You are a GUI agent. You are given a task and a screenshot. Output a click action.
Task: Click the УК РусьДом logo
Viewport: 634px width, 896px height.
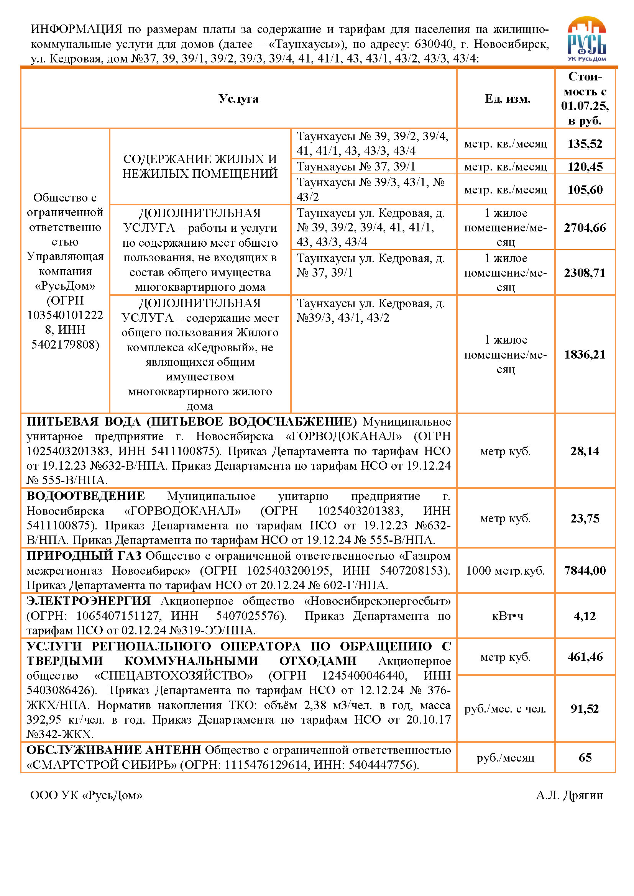[x=586, y=39]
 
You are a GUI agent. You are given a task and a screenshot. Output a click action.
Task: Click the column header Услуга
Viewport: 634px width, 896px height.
[x=238, y=99]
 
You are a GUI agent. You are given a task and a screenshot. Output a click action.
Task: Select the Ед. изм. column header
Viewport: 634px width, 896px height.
[x=507, y=99]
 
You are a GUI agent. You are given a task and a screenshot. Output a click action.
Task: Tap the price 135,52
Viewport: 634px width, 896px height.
[x=585, y=144]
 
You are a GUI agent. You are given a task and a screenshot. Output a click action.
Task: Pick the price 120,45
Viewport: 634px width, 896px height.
[x=585, y=167]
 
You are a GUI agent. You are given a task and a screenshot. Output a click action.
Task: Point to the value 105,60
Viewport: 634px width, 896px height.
[x=585, y=190]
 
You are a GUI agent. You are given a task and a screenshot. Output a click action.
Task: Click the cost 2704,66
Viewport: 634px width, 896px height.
[x=585, y=228]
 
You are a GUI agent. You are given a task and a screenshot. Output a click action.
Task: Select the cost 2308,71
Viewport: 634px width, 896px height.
[x=585, y=273]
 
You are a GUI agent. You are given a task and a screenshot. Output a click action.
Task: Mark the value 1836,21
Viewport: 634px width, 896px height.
[x=585, y=354]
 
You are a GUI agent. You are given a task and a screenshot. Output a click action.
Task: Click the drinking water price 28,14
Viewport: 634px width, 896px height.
[x=585, y=451]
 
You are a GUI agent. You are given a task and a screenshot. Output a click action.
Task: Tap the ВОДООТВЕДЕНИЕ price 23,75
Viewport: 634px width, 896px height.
[x=585, y=518]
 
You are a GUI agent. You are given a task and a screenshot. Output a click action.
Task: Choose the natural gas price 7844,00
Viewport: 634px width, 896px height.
[x=585, y=570]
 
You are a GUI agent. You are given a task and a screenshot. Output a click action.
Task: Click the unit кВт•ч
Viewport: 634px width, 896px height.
[x=507, y=616]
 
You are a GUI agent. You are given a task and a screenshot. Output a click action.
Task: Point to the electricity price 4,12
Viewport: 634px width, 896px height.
[x=585, y=616]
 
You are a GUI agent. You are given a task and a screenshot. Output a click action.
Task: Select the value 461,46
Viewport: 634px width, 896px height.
[x=585, y=657]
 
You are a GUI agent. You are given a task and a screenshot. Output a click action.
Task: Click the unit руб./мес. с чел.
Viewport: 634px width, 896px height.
[x=505, y=708]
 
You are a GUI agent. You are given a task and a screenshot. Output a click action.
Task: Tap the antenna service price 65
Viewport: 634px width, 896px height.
[x=585, y=757]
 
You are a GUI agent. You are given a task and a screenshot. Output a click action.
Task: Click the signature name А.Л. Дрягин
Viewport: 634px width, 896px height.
[x=569, y=795]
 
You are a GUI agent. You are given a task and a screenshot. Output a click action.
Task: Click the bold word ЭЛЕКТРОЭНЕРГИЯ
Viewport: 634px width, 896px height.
[x=89, y=601]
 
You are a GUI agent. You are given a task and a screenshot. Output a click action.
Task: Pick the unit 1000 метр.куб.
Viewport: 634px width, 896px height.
[x=505, y=570]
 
